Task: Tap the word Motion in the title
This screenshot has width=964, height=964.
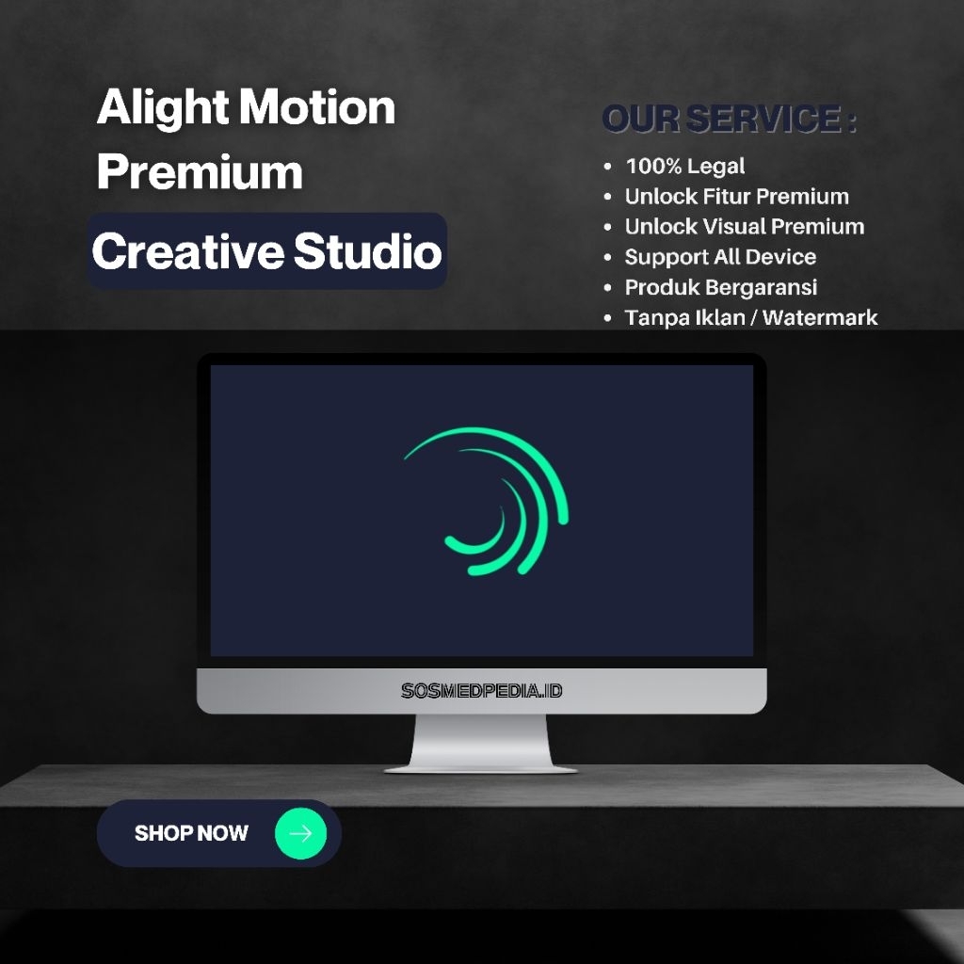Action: [317, 107]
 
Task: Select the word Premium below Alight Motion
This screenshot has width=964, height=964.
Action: [200, 172]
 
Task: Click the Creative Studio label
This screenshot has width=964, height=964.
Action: [266, 251]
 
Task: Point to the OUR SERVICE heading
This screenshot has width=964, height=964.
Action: [729, 120]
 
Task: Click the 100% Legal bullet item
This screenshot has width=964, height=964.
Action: [684, 167]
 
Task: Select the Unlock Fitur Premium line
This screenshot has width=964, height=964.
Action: [736, 197]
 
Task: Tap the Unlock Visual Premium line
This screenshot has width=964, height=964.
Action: [744, 227]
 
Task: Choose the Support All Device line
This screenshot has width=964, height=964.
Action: [720, 257]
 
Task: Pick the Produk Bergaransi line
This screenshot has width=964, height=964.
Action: [720, 287]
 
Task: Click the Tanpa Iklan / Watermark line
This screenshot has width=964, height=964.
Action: [750, 317]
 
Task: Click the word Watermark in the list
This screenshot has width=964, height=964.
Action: [820, 317]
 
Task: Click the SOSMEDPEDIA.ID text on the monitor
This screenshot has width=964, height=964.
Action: [481, 691]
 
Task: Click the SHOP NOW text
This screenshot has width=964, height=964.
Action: [191, 833]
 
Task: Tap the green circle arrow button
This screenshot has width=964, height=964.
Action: [300, 833]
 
